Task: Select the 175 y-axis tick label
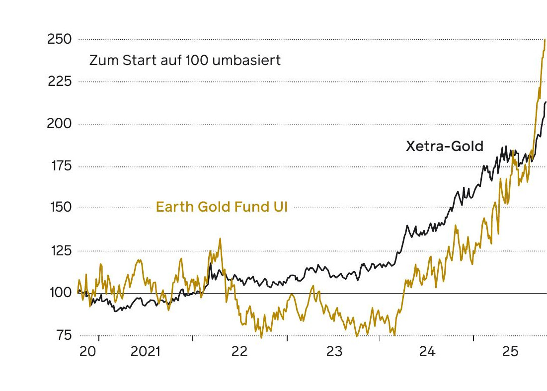[60, 166]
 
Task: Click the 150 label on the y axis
[60, 208]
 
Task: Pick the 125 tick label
[60, 251]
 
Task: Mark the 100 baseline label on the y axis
[60, 293]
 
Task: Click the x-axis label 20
[88, 352]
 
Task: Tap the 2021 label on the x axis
[146, 352]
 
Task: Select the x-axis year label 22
[239, 352]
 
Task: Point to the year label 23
[334, 352]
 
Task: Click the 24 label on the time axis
[427, 352]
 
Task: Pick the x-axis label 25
[510, 352]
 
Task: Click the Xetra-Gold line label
[445, 147]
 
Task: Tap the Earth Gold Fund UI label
[222, 207]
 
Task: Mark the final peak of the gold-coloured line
[545, 40]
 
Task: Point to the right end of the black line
[546, 102]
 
